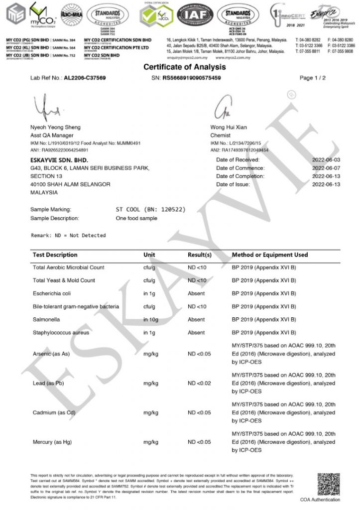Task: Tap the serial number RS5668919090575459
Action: pyautogui.click(x=192, y=78)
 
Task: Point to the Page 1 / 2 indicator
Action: pyautogui.click(x=313, y=78)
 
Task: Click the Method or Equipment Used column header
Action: pyautogui.click(x=270, y=255)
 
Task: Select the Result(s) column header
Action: pyautogui.click(x=200, y=255)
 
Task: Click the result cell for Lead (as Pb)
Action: pyautogui.click(x=199, y=384)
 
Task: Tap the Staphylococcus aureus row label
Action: pyautogui.click(x=62, y=332)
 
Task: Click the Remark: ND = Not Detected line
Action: pyautogui.click(x=68, y=235)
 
